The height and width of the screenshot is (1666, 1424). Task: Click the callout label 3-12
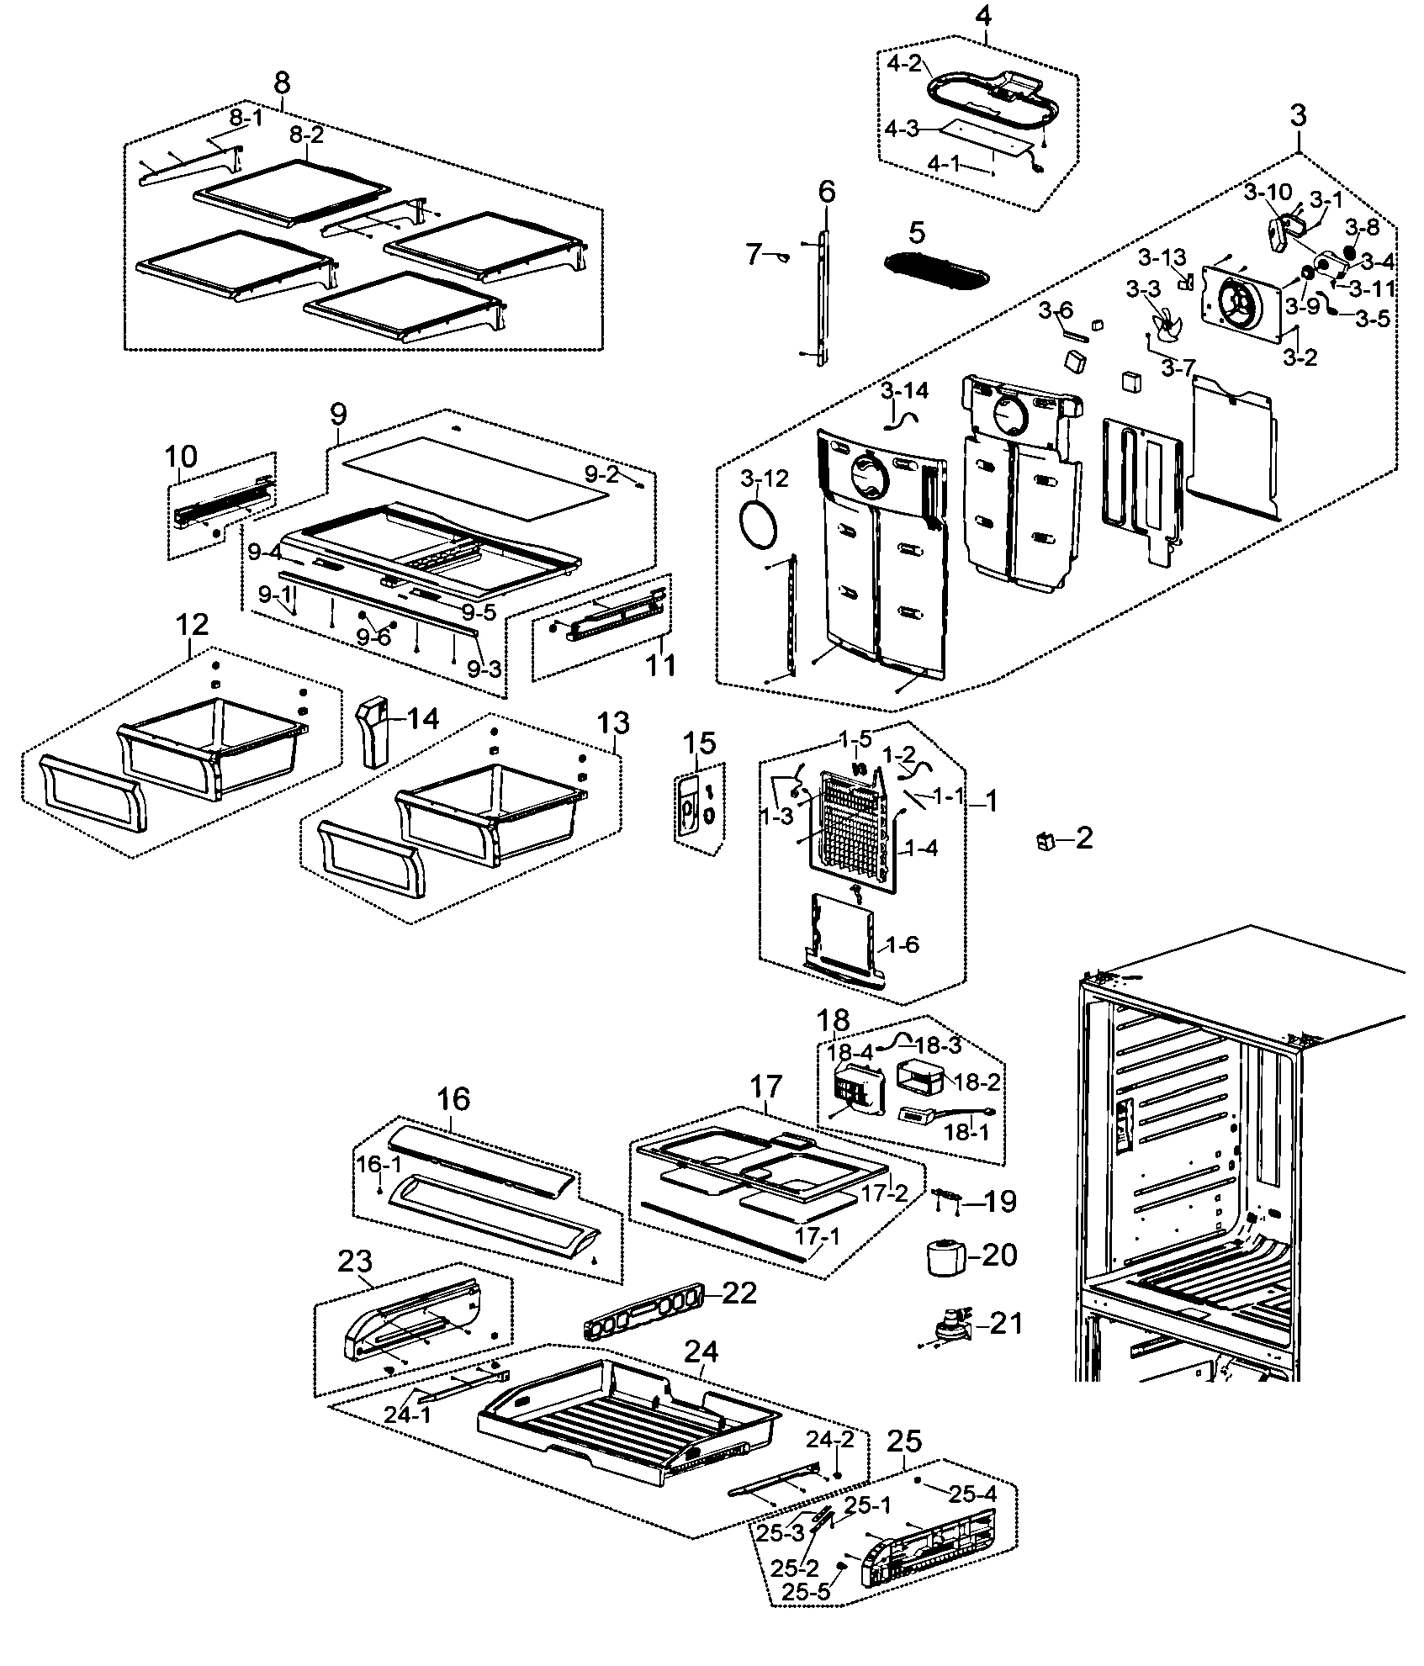click(765, 479)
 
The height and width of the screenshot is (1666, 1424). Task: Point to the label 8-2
click(306, 135)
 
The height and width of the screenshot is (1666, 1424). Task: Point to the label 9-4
click(264, 553)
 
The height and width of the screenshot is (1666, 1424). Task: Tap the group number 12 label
click(192, 624)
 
